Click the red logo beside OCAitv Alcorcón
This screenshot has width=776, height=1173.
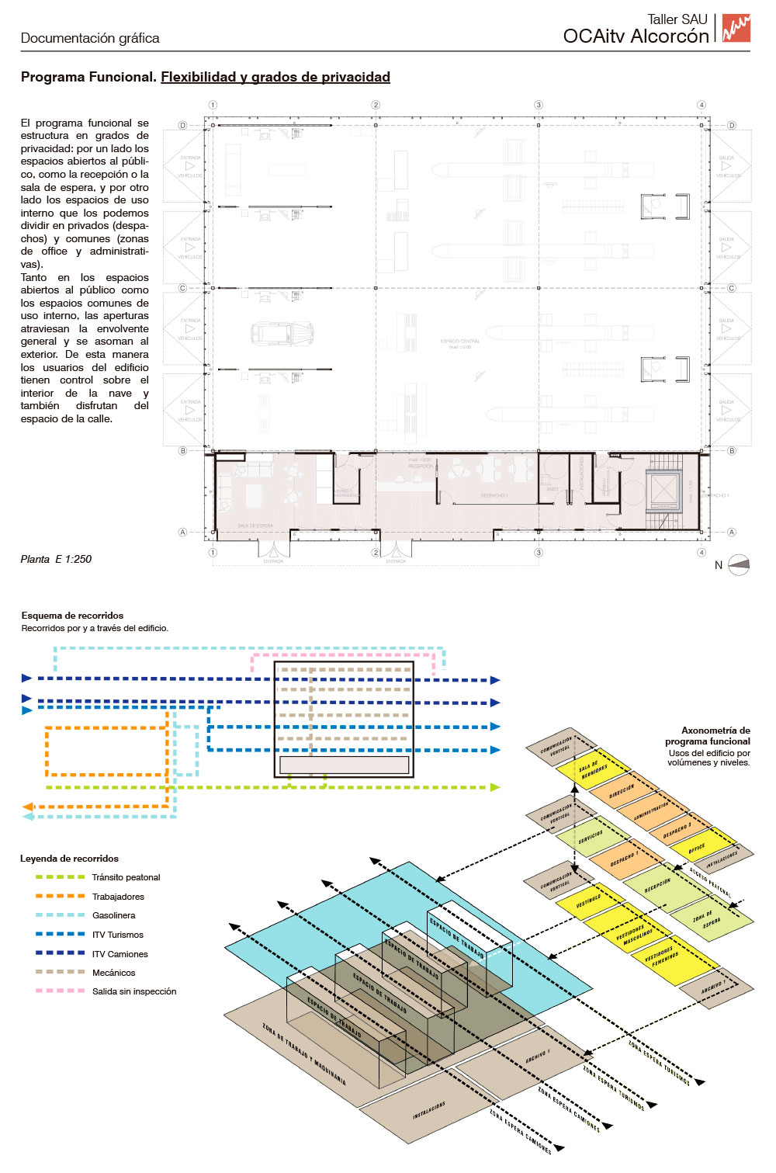click(736, 28)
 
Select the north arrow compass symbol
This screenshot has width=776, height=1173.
click(740, 564)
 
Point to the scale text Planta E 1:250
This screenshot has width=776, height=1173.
click(56, 559)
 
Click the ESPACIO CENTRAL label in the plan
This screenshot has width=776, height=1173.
click(460, 342)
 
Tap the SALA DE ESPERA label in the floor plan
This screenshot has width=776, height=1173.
click(255, 526)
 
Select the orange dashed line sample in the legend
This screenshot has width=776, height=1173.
click(60, 896)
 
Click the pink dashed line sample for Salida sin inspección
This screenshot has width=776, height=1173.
click(60, 991)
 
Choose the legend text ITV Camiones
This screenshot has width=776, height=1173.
click(120, 954)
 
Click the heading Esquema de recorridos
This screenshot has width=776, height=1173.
click(72, 616)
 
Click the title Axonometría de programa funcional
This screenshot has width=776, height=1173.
click(708, 736)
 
